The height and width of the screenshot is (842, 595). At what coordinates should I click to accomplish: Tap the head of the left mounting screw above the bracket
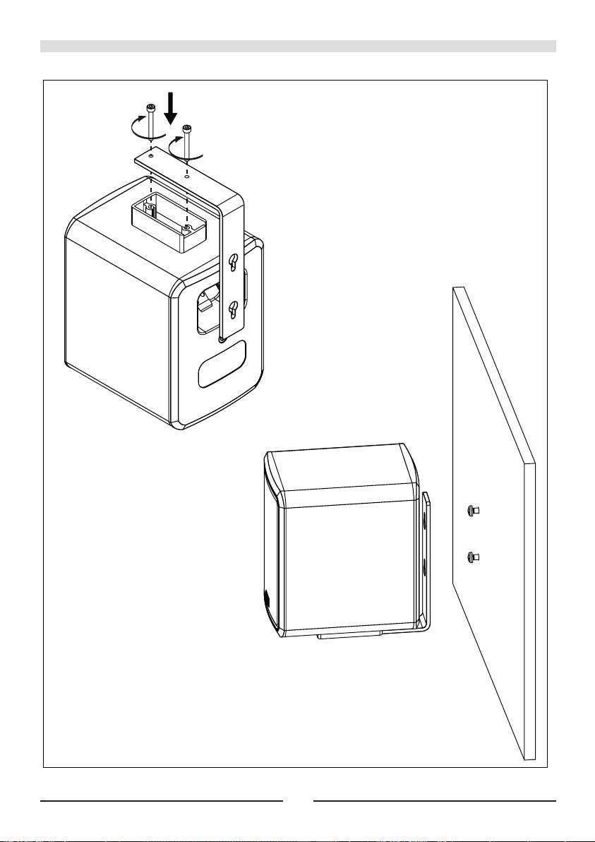[150, 107]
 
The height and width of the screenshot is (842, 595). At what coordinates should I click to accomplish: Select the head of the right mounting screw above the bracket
[186, 129]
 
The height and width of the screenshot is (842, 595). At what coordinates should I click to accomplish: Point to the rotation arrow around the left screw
[135, 129]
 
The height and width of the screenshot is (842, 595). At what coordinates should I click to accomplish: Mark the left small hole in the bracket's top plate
[151, 155]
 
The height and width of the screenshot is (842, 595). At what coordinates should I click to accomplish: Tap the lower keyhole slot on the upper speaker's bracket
[232, 308]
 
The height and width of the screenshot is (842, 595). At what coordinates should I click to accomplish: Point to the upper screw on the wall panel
[473, 511]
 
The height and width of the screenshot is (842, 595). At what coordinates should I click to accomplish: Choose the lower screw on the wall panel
[473, 557]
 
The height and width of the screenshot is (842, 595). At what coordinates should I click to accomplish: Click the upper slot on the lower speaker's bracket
[424, 522]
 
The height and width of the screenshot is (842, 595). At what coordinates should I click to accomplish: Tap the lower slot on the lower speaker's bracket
[424, 567]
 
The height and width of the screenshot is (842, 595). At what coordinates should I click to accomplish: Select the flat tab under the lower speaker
[349, 635]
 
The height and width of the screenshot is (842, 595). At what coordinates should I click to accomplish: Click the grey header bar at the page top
[298, 47]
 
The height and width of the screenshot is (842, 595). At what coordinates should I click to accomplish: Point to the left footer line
[162, 801]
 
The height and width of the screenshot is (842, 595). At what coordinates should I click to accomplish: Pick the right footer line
[435, 801]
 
